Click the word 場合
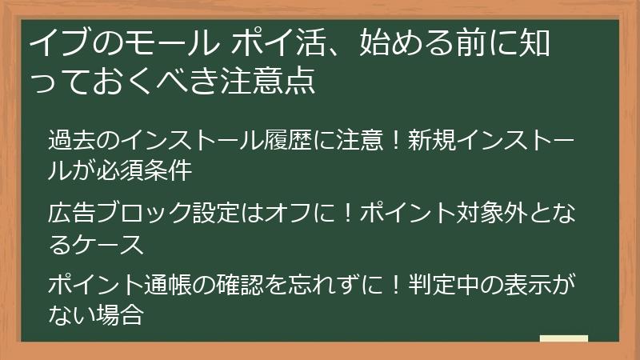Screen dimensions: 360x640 [122, 314]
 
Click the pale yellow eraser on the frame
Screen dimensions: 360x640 [564, 339]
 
